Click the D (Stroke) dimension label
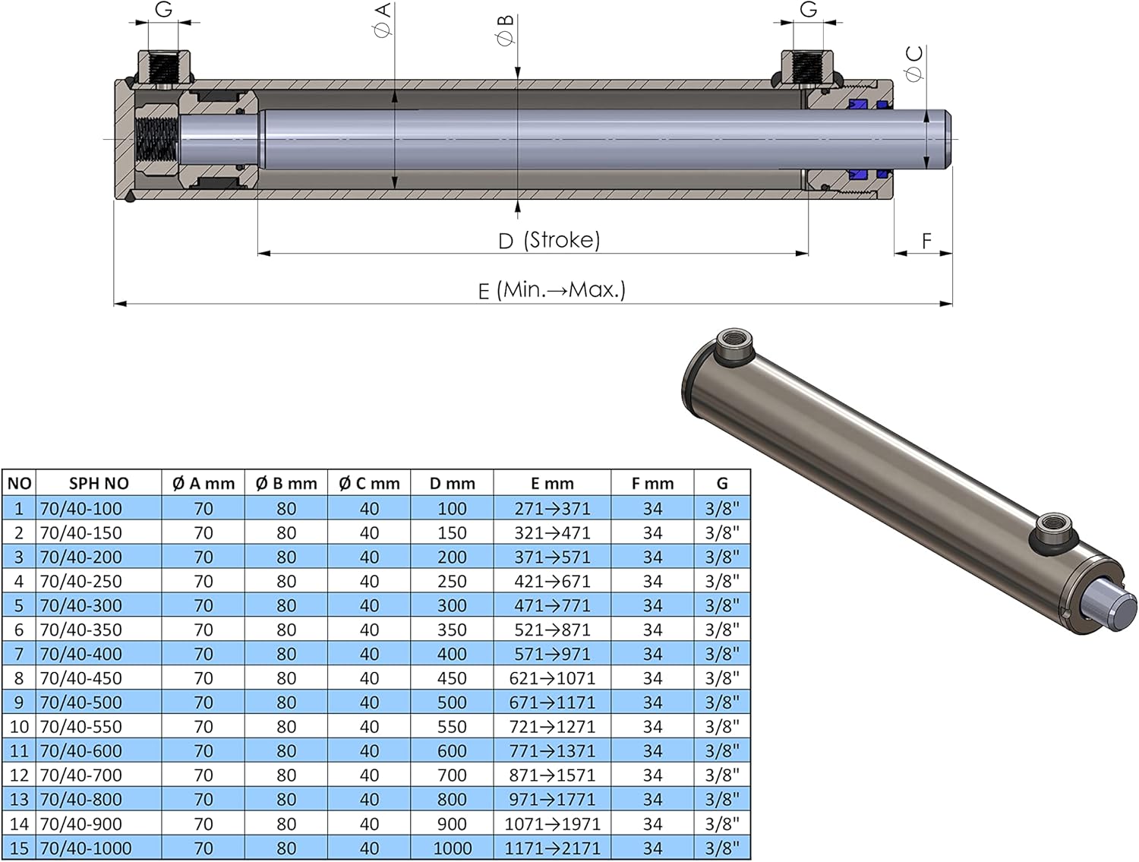[549, 240]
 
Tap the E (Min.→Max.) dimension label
[551, 290]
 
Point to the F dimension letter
[926, 241]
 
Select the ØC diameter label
[914, 63]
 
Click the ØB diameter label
[505, 30]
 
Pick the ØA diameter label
[383, 20]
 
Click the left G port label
[163, 9]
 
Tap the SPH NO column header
[99, 484]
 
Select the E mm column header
[552, 484]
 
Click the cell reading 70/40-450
[81, 677]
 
